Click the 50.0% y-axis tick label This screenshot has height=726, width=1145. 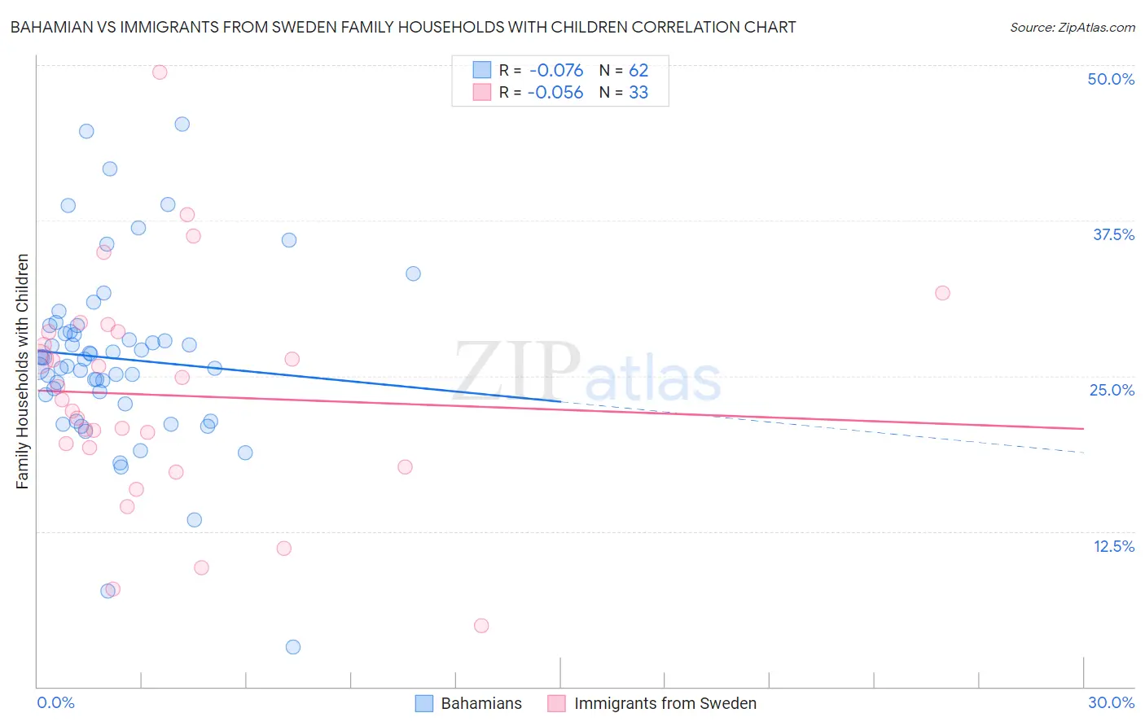click(1111, 79)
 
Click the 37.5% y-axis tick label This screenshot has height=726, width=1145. click(1113, 234)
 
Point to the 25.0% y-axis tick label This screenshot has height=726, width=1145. click(1112, 390)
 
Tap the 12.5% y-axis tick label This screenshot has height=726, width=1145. click(1113, 546)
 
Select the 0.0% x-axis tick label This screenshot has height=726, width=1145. click(55, 702)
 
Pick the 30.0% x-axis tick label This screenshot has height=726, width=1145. click(1111, 702)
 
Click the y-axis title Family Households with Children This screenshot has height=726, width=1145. click(23, 371)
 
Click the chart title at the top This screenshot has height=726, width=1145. click(403, 27)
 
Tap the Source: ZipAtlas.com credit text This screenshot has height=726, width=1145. click(1072, 27)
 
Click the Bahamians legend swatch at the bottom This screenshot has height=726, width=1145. click(424, 703)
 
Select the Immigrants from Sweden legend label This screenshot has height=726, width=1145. click(665, 703)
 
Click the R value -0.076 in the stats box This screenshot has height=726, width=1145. click(556, 71)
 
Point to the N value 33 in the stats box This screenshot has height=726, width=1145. click(638, 93)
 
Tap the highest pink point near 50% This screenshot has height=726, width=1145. click(160, 72)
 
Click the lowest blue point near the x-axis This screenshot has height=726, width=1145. click(293, 647)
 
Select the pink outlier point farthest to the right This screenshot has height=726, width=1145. click(942, 293)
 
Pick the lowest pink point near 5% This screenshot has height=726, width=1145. click(481, 626)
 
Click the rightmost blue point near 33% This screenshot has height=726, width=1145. click(413, 273)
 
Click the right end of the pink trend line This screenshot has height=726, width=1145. click(1084, 428)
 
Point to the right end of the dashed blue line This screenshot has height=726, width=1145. click(1084, 452)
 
